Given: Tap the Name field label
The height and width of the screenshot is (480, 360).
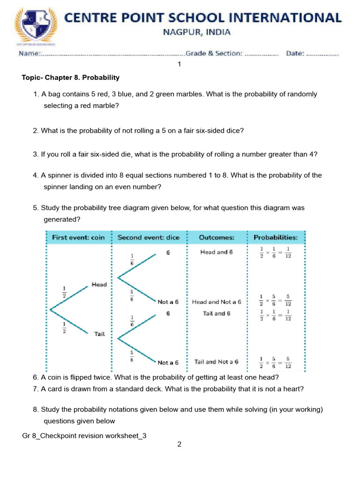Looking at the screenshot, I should pyautogui.click(x=30, y=53).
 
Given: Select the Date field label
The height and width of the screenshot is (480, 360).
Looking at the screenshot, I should pyautogui.click(x=295, y=53).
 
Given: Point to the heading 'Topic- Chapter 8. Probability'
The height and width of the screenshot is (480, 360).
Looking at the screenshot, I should pyautogui.click(x=71, y=77).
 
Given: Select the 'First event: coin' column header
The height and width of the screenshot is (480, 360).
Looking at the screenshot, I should pyautogui.click(x=78, y=238).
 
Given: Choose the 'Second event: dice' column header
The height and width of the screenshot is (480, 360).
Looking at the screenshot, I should pyautogui.click(x=148, y=238).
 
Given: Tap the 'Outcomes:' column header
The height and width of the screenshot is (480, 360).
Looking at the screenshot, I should pyautogui.click(x=217, y=238).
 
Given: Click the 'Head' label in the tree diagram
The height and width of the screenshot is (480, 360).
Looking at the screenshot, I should pyautogui.click(x=99, y=285).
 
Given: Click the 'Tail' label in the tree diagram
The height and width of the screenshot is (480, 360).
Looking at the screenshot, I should pyautogui.click(x=99, y=334).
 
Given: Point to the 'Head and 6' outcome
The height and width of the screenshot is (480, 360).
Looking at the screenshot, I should pyautogui.click(x=217, y=252).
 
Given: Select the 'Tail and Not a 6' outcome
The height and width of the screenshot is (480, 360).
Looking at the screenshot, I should pyautogui.click(x=217, y=362).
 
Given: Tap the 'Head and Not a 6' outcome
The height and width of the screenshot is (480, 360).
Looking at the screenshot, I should pyautogui.click(x=217, y=302).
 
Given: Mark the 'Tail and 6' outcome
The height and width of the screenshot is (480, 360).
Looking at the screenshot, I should pyautogui.click(x=217, y=313).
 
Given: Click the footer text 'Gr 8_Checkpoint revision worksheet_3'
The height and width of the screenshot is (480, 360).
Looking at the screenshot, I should pyautogui.click(x=84, y=435).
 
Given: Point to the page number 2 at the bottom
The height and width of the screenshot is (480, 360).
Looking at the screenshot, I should pyautogui.click(x=179, y=444).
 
